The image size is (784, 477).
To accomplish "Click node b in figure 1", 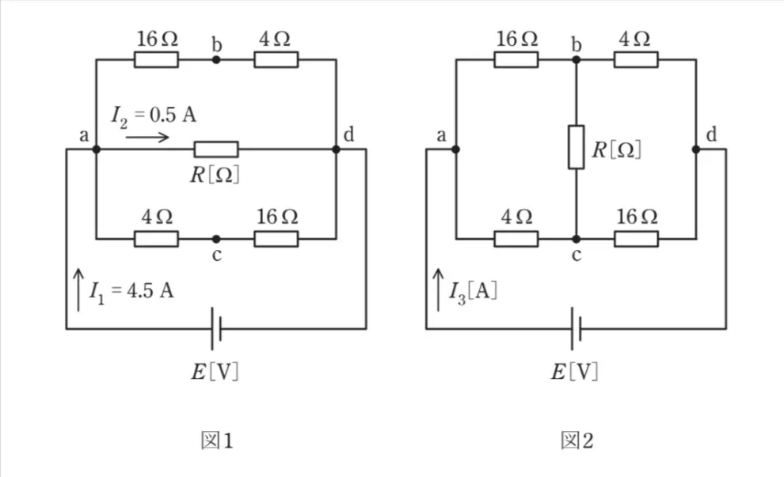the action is (x=216, y=59).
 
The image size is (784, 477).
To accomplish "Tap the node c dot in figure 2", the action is (x=576, y=239).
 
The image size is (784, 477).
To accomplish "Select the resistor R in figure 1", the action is (x=216, y=150).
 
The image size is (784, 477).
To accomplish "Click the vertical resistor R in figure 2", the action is (x=576, y=147).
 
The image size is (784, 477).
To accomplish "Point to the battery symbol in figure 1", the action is (x=216, y=328).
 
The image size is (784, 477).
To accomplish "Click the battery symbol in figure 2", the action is (x=576, y=328).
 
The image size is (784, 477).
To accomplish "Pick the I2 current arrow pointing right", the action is (x=147, y=137).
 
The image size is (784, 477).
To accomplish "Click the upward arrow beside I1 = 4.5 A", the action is (x=78, y=290).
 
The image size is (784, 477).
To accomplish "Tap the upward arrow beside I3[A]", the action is (x=438, y=290).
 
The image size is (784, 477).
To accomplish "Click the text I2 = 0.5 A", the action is (x=154, y=115).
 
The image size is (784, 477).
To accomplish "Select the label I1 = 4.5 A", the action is (x=131, y=291).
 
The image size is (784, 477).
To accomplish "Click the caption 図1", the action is (x=216, y=441).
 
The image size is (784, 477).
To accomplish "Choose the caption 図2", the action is (x=577, y=441).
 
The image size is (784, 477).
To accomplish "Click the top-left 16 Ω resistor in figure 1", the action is (x=156, y=59).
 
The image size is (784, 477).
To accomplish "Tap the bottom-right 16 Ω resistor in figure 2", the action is (x=636, y=239).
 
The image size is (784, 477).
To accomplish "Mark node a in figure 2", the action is (x=455, y=150).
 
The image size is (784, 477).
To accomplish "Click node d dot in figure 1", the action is (x=336, y=150).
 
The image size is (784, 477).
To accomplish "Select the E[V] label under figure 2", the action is (x=574, y=372).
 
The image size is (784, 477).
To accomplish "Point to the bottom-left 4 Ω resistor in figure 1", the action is (x=156, y=239).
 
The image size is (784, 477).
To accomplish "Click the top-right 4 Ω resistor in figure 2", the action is (x=636, y=59).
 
